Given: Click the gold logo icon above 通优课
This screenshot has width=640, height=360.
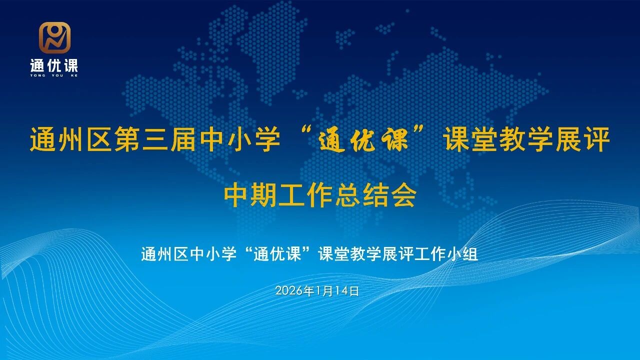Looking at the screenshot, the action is point(54,37).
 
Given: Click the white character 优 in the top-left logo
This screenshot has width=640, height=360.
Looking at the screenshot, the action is point(54,65).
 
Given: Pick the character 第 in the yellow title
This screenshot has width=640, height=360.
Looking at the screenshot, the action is point(126,139).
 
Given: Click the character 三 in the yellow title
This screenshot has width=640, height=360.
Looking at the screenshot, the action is point(154,139).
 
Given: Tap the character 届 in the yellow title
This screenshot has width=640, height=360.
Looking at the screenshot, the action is point(182,139).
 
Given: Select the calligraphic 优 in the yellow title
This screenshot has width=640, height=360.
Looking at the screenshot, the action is point(363,140).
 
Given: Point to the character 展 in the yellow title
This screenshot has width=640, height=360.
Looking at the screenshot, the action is point(568,139).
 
